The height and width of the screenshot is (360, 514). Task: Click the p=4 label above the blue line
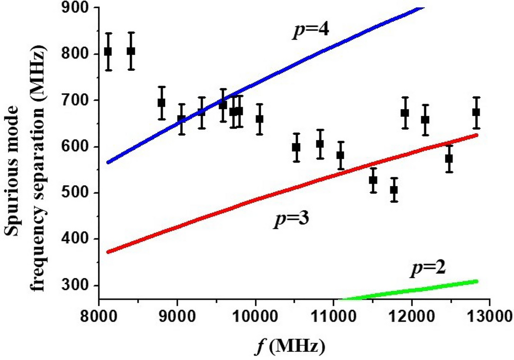[x=310, y=30]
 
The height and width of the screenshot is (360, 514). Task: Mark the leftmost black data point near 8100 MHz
[x=108, y=52]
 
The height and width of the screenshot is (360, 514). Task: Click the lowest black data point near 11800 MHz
[x=394, y=190]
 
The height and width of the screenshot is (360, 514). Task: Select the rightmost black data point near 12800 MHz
[x=476, y=112]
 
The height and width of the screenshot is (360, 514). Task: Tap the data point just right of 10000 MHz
[x=260, y=119]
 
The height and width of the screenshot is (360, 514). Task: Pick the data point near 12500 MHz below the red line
[x=449, y=158]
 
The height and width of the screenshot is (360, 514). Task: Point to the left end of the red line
[x=108, y=252]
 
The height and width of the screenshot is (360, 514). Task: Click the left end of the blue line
[x=108, y=162]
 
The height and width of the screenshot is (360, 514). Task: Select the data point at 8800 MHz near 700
[x=162, y=103]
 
